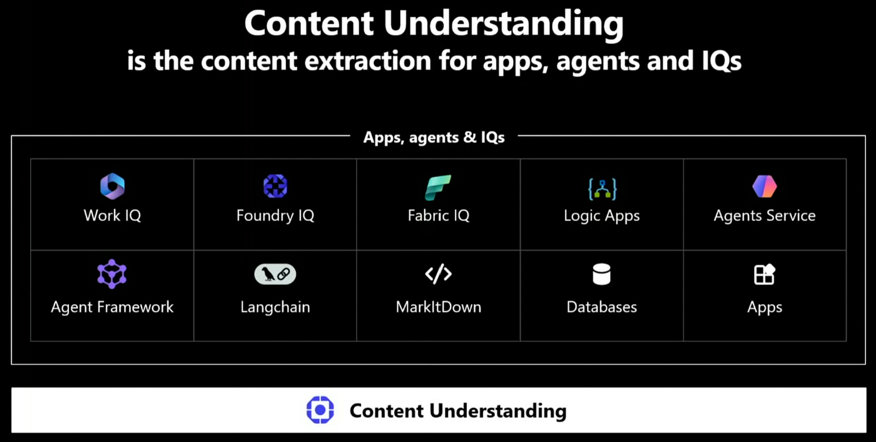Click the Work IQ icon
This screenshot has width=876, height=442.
click(112, 186)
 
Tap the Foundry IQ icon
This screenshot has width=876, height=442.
click(275, 186)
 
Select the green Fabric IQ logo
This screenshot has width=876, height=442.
click(438, 187)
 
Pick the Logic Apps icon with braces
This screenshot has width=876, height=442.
click(602, 189)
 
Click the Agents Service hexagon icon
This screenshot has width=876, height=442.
click(765, 186)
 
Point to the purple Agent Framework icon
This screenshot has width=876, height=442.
click(112, 274)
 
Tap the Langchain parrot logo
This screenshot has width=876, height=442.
click(275, 274)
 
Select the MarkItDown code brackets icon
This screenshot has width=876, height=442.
click(439, 274)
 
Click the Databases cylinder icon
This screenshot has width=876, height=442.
click(601, 274)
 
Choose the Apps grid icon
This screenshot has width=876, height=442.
click(765, 274)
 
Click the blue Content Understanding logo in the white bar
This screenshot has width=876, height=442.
click(320, 410)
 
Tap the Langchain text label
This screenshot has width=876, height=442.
click(275, 307)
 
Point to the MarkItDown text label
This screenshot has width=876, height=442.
click(439, 307)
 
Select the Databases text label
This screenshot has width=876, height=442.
click(601, 307)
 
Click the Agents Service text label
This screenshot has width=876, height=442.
click(765, 215)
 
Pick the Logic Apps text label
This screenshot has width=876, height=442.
click(602, 216)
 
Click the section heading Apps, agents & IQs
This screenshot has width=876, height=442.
click(434, 137)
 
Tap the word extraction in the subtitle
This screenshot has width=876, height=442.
click(368, 61)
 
